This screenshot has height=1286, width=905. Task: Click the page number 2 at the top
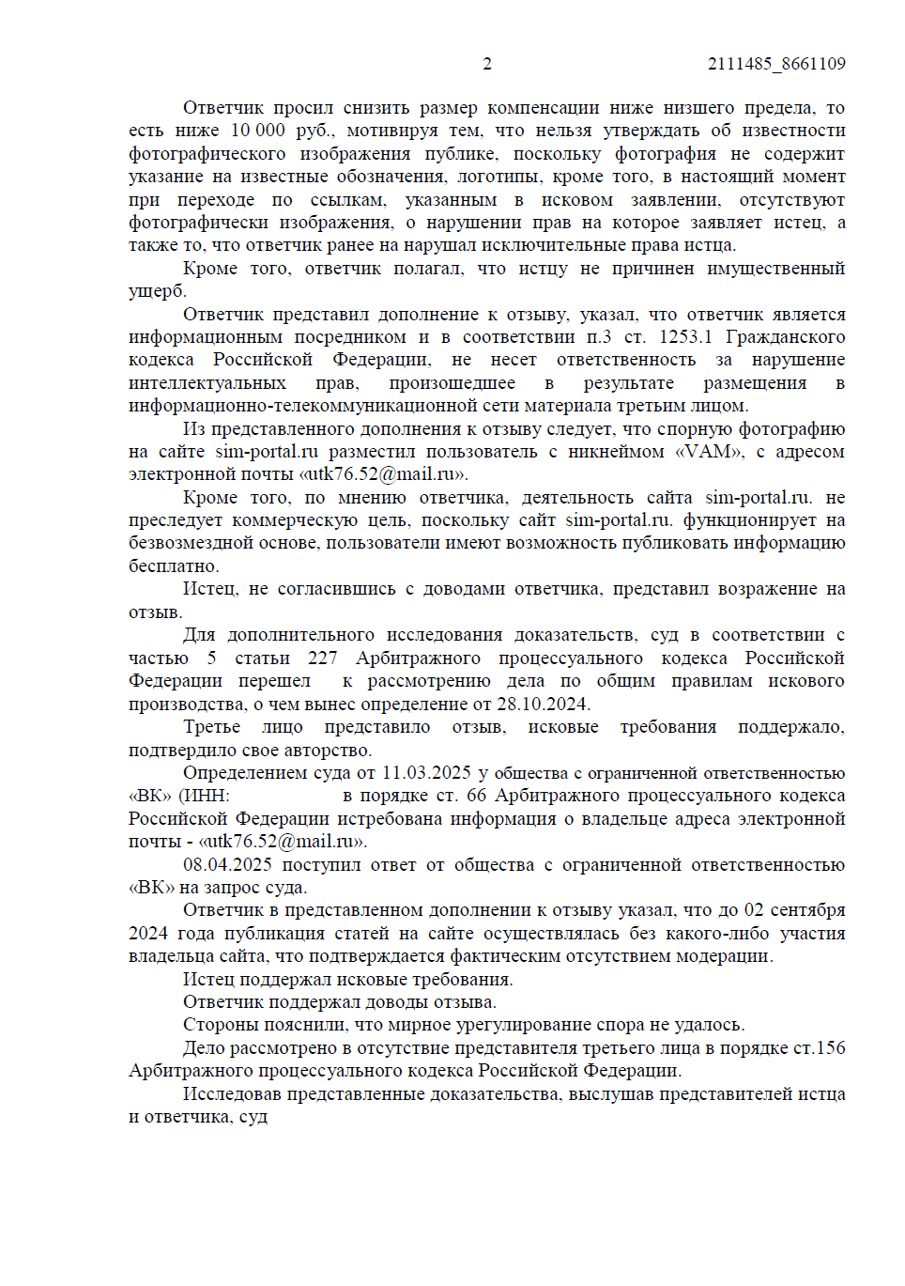[x=487, y=64]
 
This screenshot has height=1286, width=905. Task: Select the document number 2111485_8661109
[x=776, y=64]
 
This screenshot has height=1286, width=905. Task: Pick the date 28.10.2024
[x=543, y=705]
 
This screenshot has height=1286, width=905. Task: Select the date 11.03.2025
[x=426, y=773]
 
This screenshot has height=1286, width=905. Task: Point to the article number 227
[x=322, y=658]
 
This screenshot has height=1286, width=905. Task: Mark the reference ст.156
[x=820, y=1048]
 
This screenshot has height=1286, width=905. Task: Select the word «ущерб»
[x=157, y=291]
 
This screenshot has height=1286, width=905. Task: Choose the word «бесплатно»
[x=173, y=566]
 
